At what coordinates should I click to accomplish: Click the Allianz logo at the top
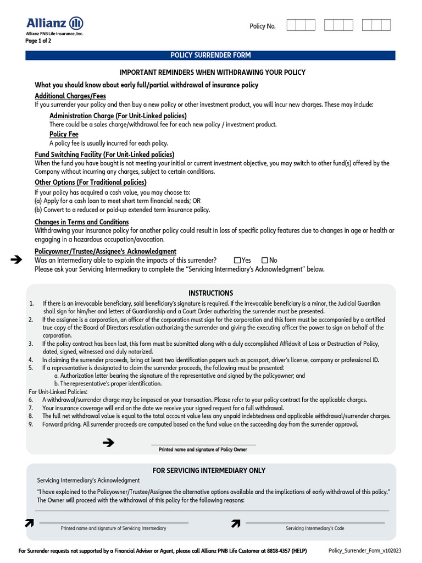(55, 23)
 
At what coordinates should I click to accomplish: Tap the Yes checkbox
(237, 260)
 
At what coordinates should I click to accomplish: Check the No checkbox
(265, 260)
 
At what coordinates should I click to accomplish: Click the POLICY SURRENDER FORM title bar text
(210, 56)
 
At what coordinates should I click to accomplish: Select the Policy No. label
(263, 26)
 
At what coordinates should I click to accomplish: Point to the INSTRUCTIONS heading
(210, 293)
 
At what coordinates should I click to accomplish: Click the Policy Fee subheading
(64, 134)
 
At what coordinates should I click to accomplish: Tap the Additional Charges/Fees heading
(70, 96)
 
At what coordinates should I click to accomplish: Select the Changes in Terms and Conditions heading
(81, 222)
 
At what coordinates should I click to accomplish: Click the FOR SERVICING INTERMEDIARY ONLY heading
(209, 471)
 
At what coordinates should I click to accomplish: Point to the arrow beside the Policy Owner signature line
(108, 442)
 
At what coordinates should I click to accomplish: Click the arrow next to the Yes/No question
(16, 260)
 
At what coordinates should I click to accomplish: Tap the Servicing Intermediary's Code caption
(315, 528)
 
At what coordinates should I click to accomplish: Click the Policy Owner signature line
(203, 445)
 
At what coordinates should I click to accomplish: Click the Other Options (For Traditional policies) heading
(91, 182)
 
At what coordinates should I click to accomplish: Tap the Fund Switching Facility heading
(104, 154)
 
